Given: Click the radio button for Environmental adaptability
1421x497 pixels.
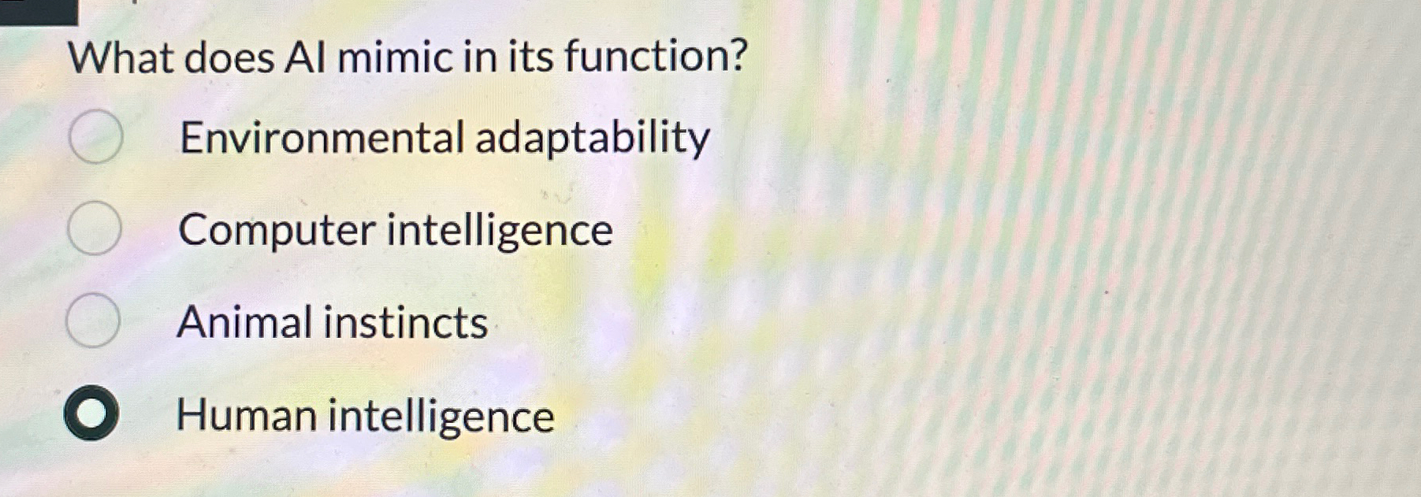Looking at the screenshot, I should tap(95, 137).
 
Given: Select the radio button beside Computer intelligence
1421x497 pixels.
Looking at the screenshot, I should tap(94, 229).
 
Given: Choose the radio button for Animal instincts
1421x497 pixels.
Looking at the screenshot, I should tap(93, 321).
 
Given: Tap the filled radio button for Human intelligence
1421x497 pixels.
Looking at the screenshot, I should tap(91, 414).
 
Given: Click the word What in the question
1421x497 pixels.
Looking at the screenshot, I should tap(121, 58).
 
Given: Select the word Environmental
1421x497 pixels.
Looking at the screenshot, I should tap(322, 138).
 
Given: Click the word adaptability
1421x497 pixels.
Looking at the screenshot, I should tap(592, 139).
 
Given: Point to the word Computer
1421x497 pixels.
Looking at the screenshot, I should tap(277, 231).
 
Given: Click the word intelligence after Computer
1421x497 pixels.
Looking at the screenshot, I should tap(499, 232).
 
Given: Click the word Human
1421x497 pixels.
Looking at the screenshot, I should tap(246, 415).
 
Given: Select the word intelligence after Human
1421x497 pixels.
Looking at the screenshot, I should tap(441, 417).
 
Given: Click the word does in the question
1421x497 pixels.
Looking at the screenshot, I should tap(229, 58).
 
